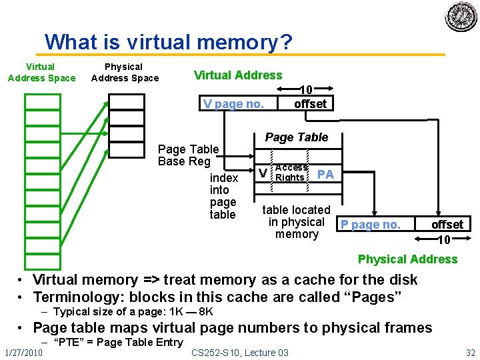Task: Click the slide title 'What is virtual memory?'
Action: [x=169, y=43]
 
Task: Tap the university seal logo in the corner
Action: [x=461, y=17]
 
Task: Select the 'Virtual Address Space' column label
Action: [x=41, y=72]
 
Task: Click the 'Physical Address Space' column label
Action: [x=125, y=72]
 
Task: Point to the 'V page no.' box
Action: [x=233, y=103]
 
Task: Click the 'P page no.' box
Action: [x=371, y=225]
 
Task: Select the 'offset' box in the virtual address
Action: [x=310, y=103]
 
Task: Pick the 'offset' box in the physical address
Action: [x=447, y=225]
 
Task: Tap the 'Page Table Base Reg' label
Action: [x=188, y=155]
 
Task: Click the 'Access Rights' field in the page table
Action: [x=291, y=173]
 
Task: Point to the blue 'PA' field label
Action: [x=325, y=174]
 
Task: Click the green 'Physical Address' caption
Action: [x=407, y=259]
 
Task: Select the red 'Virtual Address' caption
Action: [x=237, y=75]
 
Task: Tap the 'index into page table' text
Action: [x=223, y=196]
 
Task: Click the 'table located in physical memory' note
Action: [x=296, y=222]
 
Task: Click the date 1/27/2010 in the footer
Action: [x=22, y=351]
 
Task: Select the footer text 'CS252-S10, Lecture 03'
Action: [x=240, y=352]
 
